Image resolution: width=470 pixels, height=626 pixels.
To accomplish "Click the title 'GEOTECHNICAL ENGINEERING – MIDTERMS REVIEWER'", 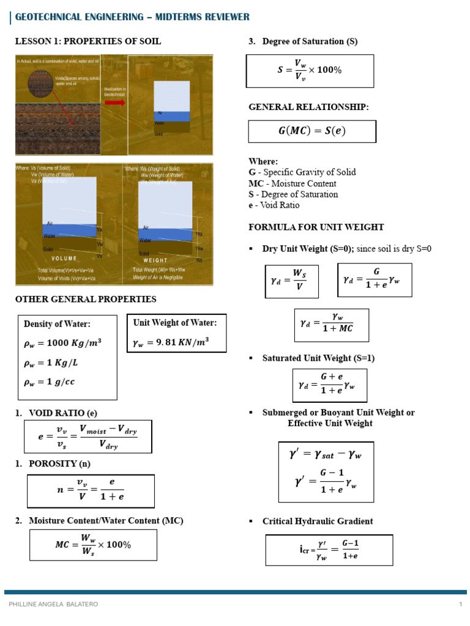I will pos(132,17).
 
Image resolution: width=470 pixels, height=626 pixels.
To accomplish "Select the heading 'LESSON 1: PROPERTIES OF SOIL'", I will pos(88,42).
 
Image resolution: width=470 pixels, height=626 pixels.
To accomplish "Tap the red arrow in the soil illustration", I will pos(114,102).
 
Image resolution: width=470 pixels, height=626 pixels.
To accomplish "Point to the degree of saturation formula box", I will pos(310,70).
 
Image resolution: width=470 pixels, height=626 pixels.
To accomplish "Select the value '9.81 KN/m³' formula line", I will pos(171,344).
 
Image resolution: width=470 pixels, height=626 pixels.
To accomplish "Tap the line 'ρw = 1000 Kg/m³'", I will pos(62,343).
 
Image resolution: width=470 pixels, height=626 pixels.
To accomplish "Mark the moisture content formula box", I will pos(94,545).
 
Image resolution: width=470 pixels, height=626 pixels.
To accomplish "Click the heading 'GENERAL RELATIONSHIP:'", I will pos(308,107).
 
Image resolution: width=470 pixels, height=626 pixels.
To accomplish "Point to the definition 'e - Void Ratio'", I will pos(274,205).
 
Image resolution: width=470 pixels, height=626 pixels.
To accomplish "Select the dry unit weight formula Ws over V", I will pos(291,281).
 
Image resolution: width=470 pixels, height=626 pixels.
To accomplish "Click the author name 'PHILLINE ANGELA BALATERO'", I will pos(53,604).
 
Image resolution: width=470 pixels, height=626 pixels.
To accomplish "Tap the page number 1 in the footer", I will pos(460,604).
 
